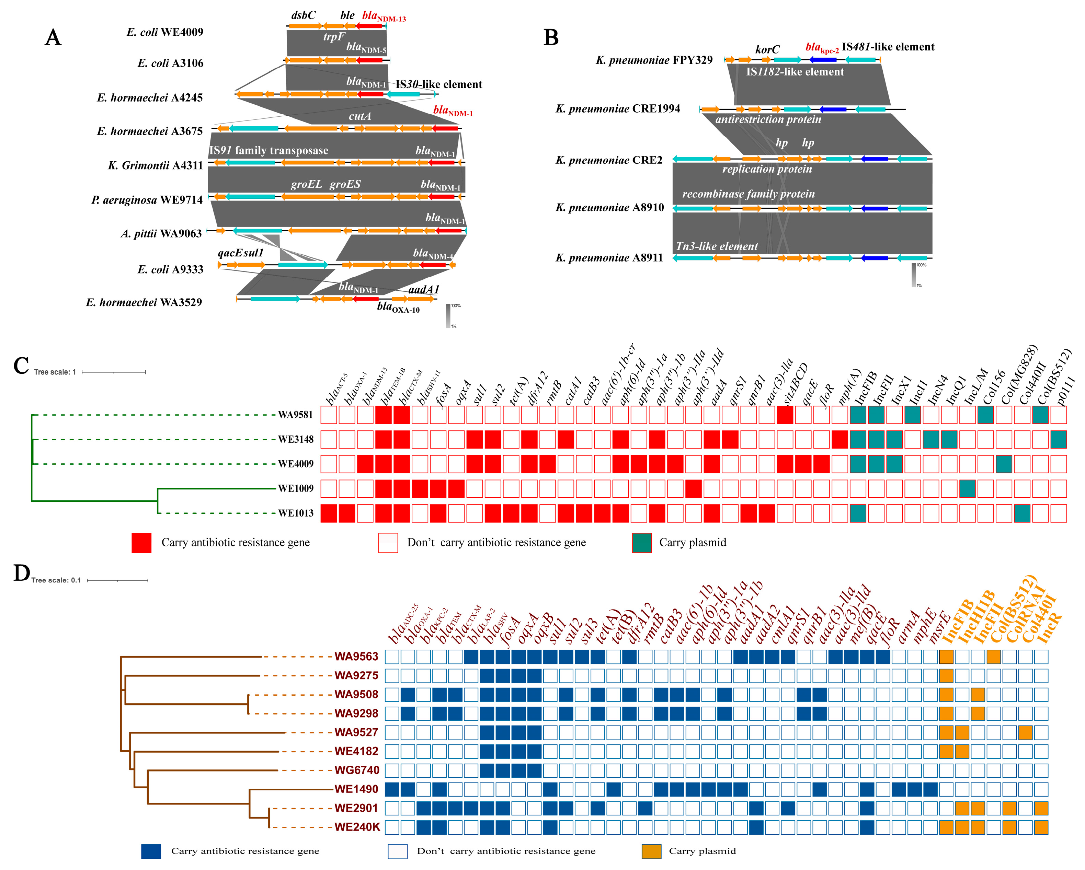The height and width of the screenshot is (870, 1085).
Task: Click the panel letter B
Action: pos(551,37)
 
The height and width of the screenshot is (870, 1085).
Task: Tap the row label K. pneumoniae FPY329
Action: pos(654,60)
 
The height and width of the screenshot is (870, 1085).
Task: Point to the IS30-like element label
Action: pos(438,84)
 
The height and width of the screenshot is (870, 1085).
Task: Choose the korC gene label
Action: pos(767,49)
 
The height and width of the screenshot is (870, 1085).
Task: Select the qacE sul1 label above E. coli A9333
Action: pos(241,253)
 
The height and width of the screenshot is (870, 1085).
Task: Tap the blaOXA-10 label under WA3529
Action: pos(398,307)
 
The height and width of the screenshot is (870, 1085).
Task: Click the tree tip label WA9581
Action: pos(295,415)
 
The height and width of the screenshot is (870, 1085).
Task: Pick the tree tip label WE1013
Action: pos(295,513)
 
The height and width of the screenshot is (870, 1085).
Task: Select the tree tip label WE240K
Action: pos(357,827)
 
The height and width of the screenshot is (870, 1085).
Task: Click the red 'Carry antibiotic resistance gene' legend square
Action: pos(141,543)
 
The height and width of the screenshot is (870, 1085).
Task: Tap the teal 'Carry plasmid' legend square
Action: pos(642,543)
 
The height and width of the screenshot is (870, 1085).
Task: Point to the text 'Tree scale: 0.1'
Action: pos(56,580)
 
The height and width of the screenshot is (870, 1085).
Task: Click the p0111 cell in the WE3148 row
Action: pos(1058,440)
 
